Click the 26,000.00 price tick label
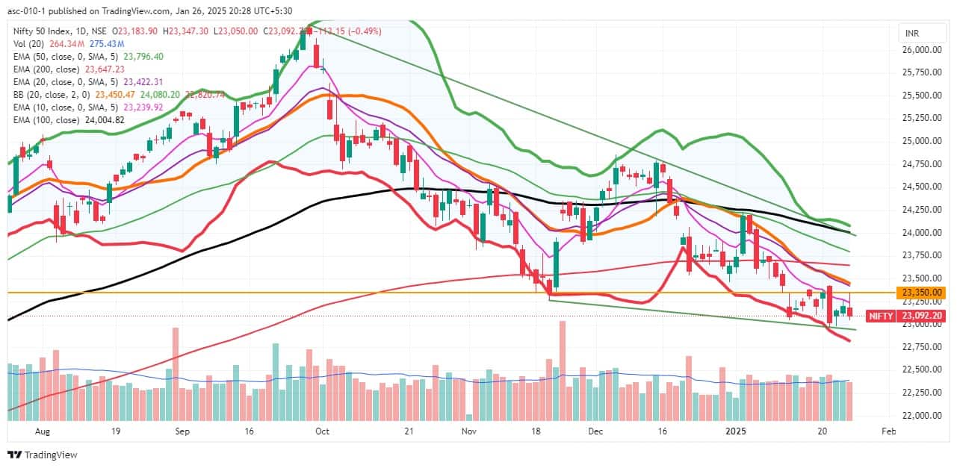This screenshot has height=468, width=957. coord(923,50)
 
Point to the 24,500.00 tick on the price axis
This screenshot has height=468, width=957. coord(923,187)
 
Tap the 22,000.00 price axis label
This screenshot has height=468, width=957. coord(923,415)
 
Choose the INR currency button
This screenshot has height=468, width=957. coord(911,34)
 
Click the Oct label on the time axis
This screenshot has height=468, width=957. coord(322,431)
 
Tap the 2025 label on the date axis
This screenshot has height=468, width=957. coord(737,431)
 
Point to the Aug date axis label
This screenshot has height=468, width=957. coord(42,431)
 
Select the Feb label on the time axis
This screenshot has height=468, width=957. coord(888,431)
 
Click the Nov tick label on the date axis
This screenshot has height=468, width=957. coord(468,431)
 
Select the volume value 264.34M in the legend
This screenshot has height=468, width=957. coord(62,43)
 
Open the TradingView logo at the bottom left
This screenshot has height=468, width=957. coord(43,455)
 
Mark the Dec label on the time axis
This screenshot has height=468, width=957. coord(595,431)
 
